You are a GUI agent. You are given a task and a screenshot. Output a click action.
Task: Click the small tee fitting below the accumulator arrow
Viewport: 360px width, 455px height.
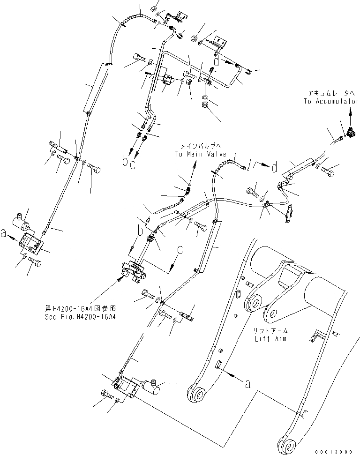click(x=349, y=133)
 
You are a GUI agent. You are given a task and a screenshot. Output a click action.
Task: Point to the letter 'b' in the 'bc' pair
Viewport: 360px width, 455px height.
click(x=125, y=162)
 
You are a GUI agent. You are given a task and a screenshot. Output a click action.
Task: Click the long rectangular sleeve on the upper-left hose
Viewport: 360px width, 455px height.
click(x=97, y=88)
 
